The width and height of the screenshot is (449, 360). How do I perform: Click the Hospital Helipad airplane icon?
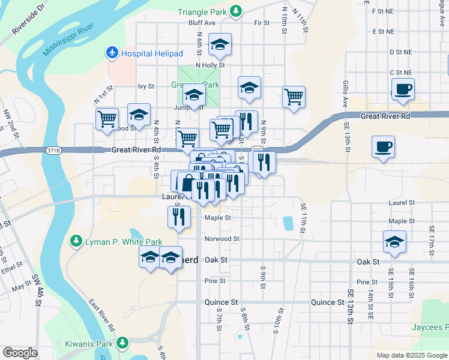point(112,53)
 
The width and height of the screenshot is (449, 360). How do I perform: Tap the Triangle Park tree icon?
point(237,11)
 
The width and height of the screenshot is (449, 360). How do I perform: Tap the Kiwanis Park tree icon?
point(122,343)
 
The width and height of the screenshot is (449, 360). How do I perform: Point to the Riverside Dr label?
point(28,22)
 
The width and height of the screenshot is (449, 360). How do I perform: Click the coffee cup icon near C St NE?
point(403,89)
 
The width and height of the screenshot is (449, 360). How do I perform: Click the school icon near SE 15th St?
point(394,242)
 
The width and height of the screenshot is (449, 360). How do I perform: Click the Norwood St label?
point(221,239)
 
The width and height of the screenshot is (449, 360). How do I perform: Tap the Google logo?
point(20,353)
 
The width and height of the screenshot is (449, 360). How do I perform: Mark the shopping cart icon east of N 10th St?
point(294,96)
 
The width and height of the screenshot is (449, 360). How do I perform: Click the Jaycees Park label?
point(430,327)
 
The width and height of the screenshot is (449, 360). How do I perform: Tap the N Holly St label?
point(210,65)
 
